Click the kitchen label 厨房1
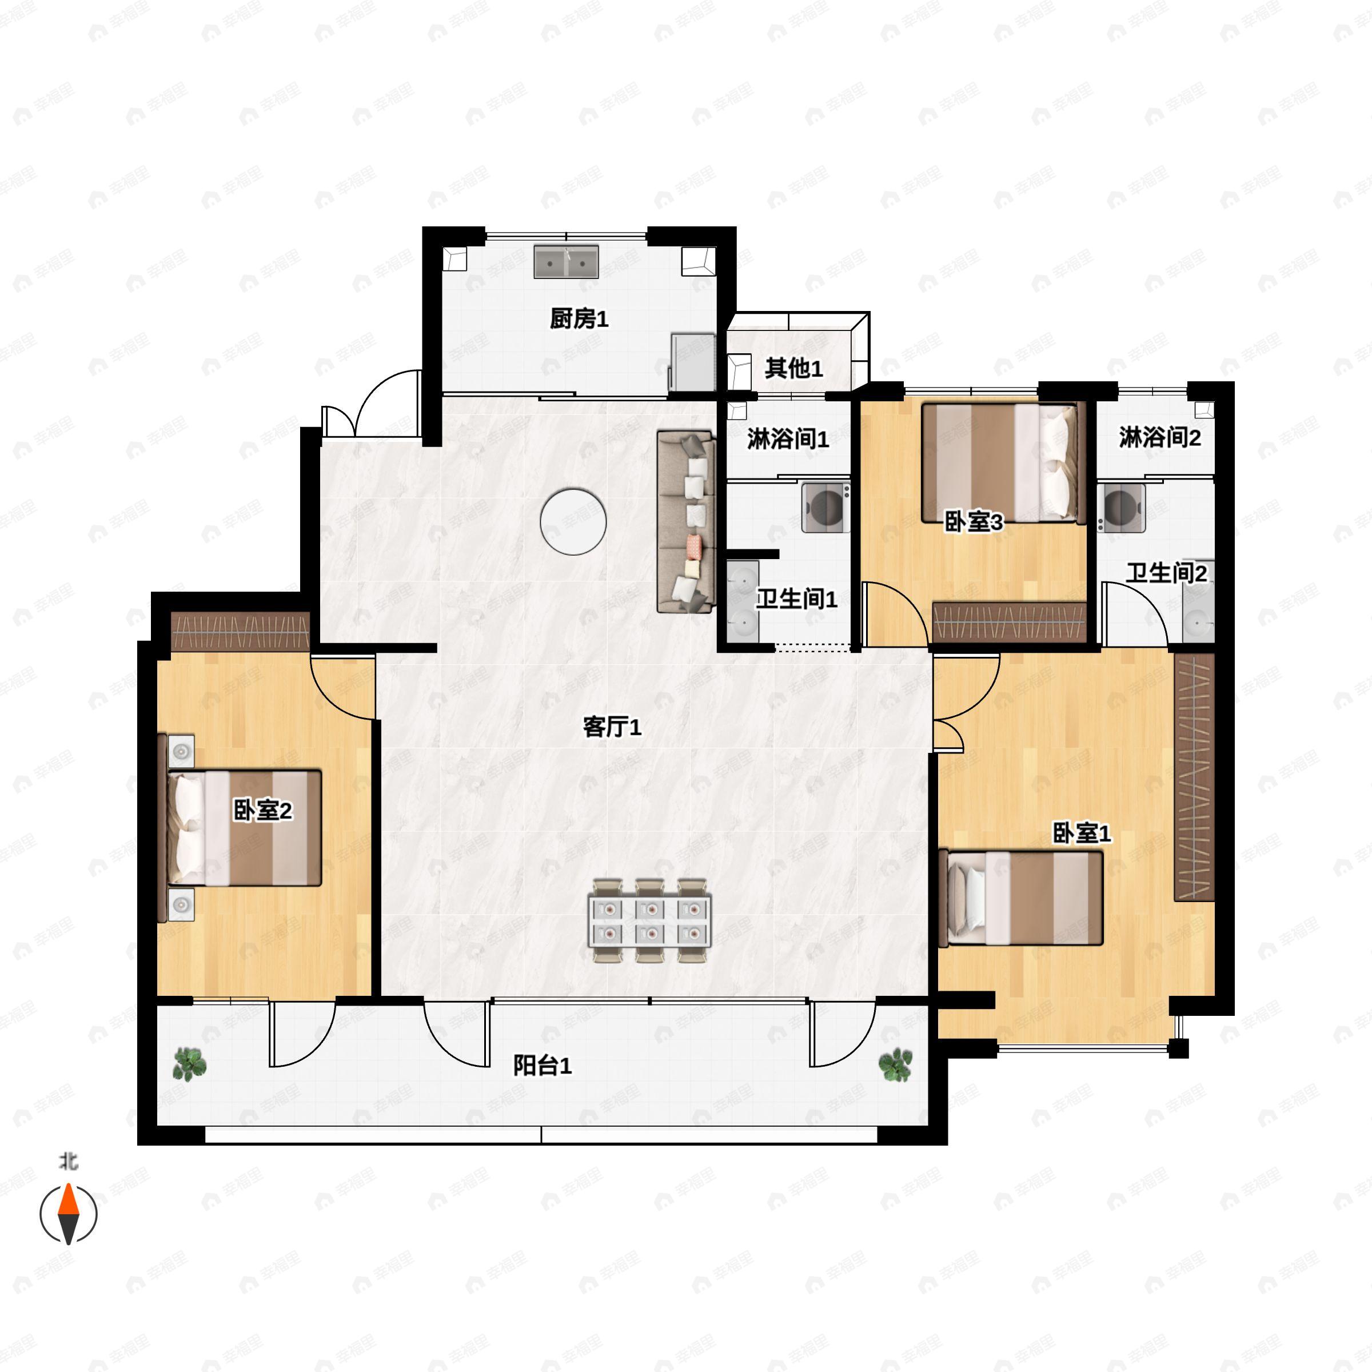(579, 319)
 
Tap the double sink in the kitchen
(566, 262)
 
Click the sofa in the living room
(685, 521)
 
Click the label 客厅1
(612, 727)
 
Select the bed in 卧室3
(1003, 463)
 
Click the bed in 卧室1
(1020, 898)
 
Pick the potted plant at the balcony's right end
(895, 1064)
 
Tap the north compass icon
(68, 1213)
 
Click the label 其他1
(793, 368)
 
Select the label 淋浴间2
(1160, 437)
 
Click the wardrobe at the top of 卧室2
(241, 631)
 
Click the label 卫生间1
(796, 599)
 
